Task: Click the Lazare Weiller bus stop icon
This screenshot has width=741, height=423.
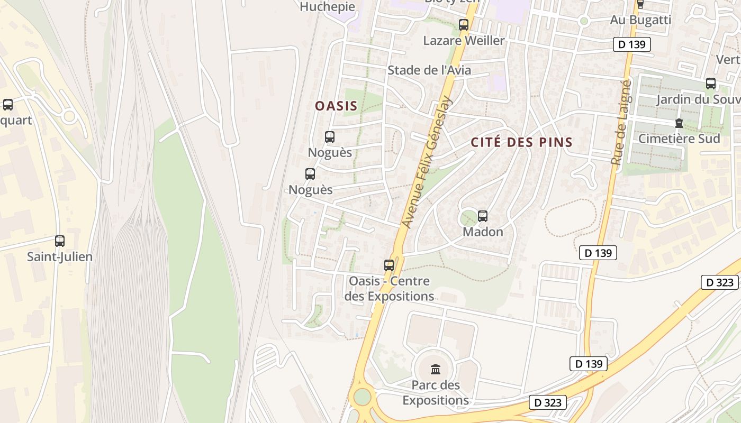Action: (x=464, y=24)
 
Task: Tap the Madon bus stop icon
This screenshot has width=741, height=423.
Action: (x=482, y=216)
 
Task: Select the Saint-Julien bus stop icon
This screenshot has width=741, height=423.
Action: (x=60, y=241)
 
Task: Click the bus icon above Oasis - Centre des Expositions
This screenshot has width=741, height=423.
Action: (x=389, y=265)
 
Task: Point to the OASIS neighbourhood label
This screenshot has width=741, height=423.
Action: (x=336, y=106)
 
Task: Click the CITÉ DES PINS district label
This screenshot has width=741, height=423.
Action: (x=521, y=142)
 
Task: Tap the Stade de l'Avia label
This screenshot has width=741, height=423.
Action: (x=429, y=70)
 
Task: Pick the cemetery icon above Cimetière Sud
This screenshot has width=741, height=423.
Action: (x=679, y=123)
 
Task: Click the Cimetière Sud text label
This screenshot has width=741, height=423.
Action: (x=679, y=139)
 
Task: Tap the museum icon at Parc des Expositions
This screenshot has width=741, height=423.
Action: (x=436, y=369)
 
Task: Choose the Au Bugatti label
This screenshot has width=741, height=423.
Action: (x=640, y=20)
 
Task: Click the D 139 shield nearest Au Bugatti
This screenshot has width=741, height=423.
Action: (x=631, y=44)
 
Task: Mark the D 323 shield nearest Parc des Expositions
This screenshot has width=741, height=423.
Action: (x=548, y=402)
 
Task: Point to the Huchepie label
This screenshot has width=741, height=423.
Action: (x=327, y=7)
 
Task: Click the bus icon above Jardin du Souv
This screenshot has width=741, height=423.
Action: (x=710, y=84)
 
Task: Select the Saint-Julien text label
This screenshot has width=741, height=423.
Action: (x=60, y=257)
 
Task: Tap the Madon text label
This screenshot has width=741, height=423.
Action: (x=483, y=232)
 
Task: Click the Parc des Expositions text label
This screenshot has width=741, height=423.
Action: (x=436, y=392)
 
